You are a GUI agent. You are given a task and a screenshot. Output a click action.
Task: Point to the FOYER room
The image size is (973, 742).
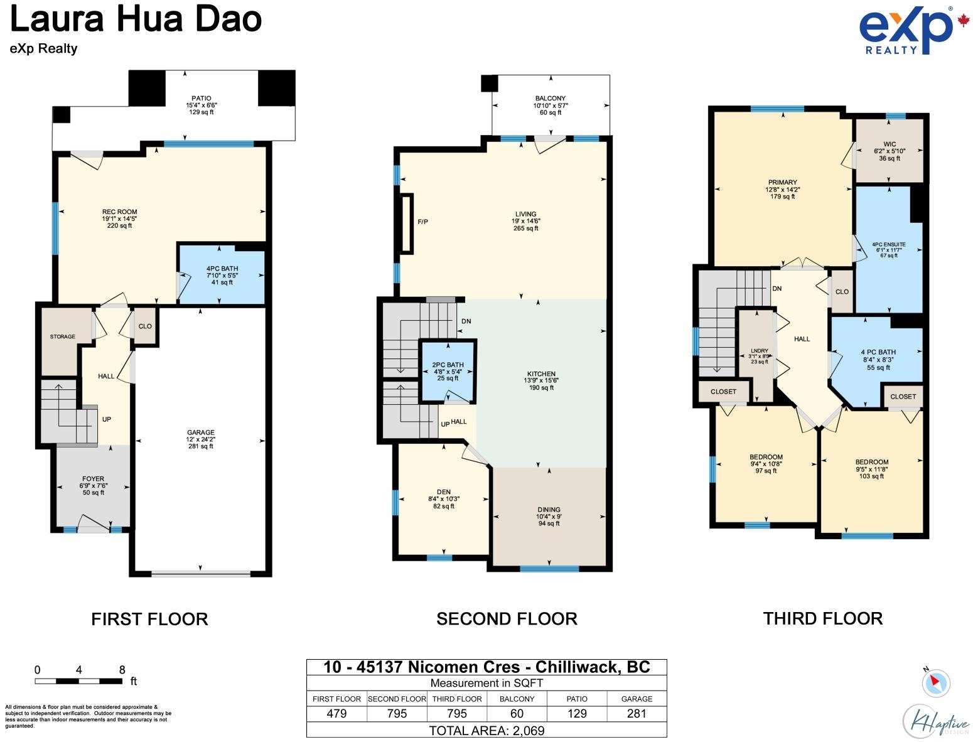[x=94, y=485]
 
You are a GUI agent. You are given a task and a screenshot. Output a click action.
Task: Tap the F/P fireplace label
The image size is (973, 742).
[x=423, y=222]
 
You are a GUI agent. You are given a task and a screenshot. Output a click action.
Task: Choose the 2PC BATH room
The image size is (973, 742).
[x=448, y=371]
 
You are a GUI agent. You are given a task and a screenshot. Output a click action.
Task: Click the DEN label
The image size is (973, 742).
[x=444, y=493]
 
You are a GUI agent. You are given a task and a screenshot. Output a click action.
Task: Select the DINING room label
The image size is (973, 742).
[x=549, y=510]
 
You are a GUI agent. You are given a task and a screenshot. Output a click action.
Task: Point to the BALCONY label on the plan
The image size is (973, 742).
[x=551, y=99]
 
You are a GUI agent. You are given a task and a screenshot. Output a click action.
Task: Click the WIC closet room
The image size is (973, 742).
[x=890, y=151]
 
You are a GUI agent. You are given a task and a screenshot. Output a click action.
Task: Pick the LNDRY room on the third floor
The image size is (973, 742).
[x=759, y=356]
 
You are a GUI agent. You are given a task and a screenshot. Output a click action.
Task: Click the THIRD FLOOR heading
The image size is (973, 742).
[x=822, y=619]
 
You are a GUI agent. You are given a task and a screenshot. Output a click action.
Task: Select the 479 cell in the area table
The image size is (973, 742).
[x=337, y=714]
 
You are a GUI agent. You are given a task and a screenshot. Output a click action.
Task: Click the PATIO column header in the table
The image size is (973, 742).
[x=577, y=699]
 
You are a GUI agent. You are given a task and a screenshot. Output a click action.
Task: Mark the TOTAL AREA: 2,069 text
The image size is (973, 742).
[x=486, y=731]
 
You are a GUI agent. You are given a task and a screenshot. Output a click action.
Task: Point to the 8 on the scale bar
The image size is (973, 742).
[x=122, y=670]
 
